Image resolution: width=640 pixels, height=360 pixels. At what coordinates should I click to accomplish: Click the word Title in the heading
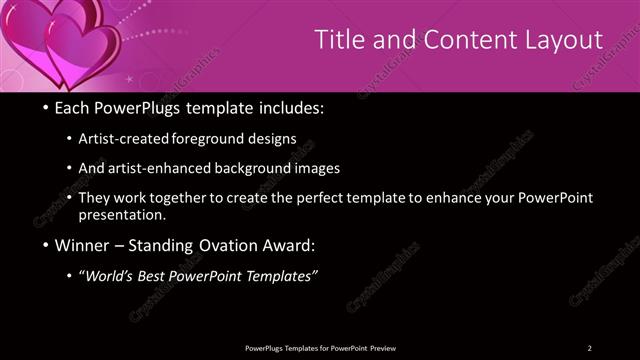(339, 40)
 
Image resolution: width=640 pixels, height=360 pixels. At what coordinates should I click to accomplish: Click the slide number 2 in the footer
(590, 347)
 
